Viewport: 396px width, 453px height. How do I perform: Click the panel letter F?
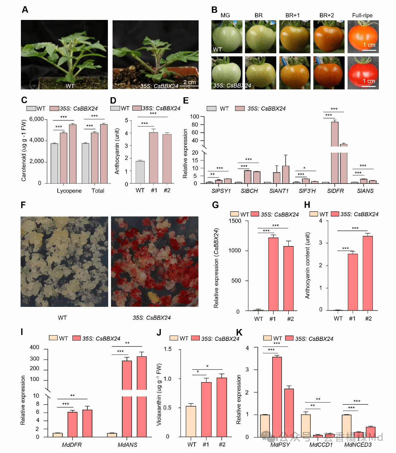click(x=23, y=205)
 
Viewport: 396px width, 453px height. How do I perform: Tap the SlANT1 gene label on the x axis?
click(x=279, y=191)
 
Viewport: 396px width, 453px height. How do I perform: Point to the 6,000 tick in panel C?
click(x=36, y=119)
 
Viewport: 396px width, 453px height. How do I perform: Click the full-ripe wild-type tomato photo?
click(x=363, y=37)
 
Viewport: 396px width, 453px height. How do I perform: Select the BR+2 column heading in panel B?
click(x=326, y=15)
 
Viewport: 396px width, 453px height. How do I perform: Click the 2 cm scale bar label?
click(x=190, y=82)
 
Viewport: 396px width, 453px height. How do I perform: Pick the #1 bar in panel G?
click(x=273, y=274)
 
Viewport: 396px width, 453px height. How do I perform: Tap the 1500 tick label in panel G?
click(x=235, y=221)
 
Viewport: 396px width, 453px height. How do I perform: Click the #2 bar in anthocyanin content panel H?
click(x=368, y=273)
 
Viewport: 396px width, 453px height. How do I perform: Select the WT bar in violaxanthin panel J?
click(x=191, y=421)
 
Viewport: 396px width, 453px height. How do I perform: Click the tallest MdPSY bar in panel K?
click(x=277, y=397)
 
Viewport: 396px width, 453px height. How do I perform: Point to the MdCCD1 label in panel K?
click(x=321, y=445)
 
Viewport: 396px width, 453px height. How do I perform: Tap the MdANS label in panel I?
click(x=128, y=445)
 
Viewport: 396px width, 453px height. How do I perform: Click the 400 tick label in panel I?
click(x=35, y=347)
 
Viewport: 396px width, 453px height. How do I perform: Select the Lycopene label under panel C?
click(x=69, y=191)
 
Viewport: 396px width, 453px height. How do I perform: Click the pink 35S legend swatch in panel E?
click(x=240, y=108)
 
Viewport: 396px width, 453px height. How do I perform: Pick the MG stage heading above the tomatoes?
click(x=225, y=15)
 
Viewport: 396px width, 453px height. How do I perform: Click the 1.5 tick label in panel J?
click(x=168, y=349)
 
